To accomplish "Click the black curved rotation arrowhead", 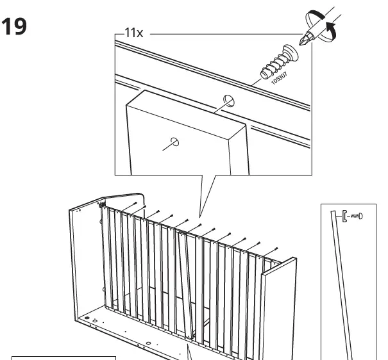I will [x=331, y=28].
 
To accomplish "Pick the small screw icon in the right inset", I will [x=353, y=215].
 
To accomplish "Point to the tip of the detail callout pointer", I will [x=199, y=216].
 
